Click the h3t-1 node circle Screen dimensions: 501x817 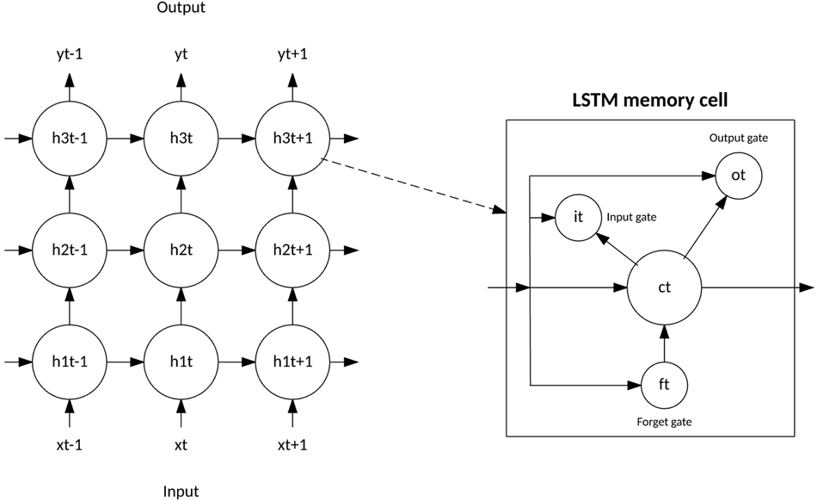[x=70, y=138]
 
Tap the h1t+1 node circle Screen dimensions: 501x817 [x=292, y=361]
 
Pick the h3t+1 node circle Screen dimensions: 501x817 [x=292, y=138]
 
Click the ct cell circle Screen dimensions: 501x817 [x=664, y=288]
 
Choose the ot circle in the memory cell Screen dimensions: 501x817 [x=738, y=175]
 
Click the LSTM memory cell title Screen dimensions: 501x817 [x=650, y=101]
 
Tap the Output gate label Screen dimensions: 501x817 [x=738, y=138]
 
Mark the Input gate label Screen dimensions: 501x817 [x=632, y=218]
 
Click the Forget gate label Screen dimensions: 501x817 [x=664, y=422]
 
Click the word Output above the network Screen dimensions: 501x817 [x=181, y=9]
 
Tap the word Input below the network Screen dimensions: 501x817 [x=181, y=492]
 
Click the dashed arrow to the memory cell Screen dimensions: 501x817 [x=413, y=184]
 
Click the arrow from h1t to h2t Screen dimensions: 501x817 [x=181, y=305]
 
